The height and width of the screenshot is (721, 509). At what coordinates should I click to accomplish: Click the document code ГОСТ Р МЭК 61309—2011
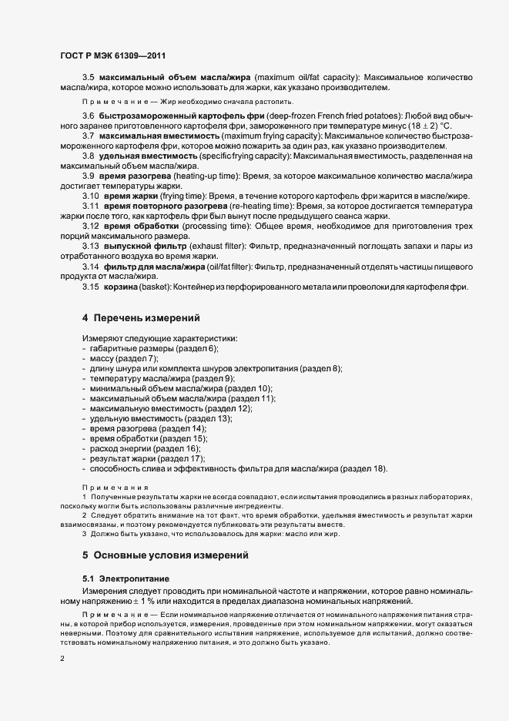(112, 55)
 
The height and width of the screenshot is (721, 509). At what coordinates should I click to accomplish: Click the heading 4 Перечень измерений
(141, 317)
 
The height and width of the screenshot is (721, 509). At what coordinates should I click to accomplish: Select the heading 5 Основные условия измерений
(165, 555)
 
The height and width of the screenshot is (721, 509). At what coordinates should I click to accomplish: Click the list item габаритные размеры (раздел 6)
(143, 349)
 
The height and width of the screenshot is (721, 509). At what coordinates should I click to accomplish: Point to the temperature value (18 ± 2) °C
(441, 126)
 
